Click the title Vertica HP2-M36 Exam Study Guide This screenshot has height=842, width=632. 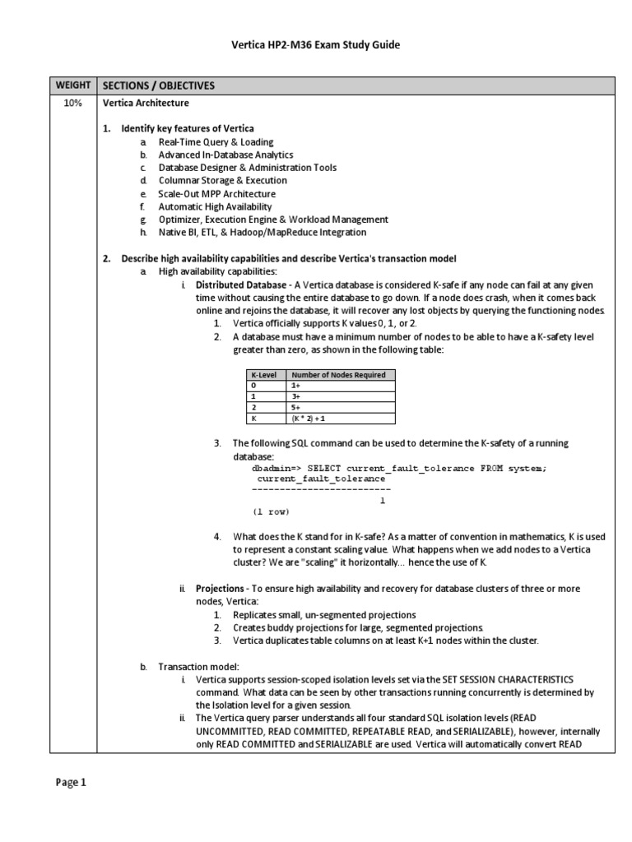tap(315, 45)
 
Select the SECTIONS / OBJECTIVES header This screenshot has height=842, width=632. tap(157, 86)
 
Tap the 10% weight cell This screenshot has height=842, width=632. tap(73, 104)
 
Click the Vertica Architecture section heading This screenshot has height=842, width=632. tap(145, 104)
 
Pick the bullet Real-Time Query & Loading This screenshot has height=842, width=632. tap(216, 142)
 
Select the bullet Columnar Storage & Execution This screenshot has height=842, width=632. tap(222, 180)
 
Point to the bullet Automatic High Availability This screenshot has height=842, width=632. tap(215, 206)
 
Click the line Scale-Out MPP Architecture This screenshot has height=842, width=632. tap(216, 193)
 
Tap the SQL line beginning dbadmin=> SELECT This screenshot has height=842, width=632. tap(398, 468)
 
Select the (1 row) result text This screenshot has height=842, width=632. tap(272, 511)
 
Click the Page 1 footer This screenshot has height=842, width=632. tap(71, 783)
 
